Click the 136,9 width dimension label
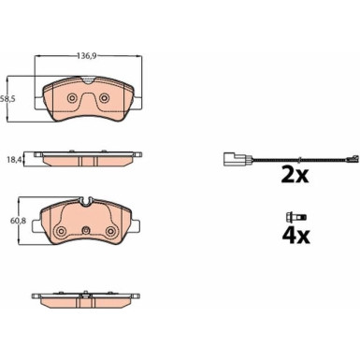[87, 56]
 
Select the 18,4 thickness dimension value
[15, 160]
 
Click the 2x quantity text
[295, 175]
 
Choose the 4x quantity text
[295, 236]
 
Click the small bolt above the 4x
[296, 217]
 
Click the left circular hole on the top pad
[72, 98]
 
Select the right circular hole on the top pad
[104, 98]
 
